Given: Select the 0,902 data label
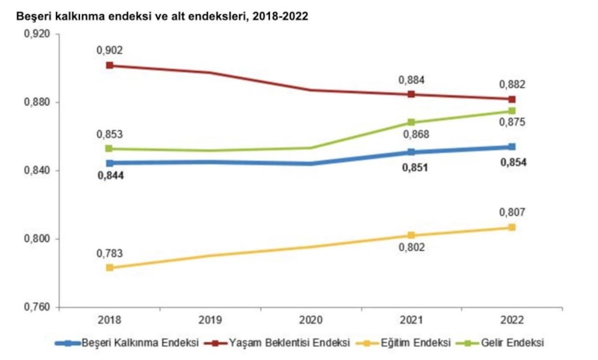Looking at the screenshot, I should point(109,50).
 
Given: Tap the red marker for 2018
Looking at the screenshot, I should point(110,66).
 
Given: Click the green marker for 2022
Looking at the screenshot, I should point(512,111).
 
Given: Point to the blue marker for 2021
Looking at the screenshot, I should point(411,152).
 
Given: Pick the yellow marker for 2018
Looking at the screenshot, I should point(110,267).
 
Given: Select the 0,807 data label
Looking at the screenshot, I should point(512,212).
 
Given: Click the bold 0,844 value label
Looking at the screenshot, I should point(109,176).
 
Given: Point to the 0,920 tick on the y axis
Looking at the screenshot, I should point(37,34).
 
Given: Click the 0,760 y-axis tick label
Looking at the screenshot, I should point(37,307).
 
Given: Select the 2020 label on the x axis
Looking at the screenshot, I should point(310,321).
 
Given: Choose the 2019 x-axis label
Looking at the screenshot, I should point(210,321).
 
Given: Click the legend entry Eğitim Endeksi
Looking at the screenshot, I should point(413,343).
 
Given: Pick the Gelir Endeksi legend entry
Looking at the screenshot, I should point(511,343).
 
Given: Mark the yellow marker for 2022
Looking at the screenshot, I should point(512,227).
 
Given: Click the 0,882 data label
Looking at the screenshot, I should point(512,84).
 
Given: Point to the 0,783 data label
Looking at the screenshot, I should point(109,252).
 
